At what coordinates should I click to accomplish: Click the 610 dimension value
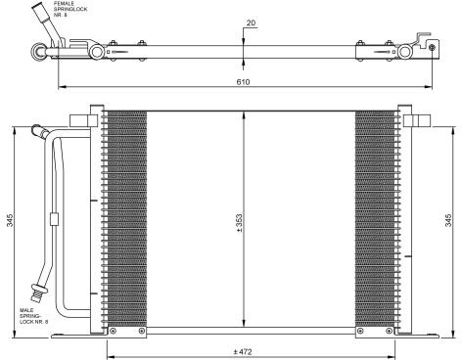(x=243, y=82)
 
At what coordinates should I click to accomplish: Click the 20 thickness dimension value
(x=251, y=23)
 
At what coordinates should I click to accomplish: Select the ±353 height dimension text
(x=239, y=223)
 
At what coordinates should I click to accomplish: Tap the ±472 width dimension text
(x=243, y=352)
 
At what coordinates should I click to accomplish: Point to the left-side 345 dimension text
(x=10, y=220)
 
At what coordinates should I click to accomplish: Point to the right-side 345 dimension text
(x=448, y=220)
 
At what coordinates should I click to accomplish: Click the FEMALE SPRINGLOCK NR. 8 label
(x=70, y=9)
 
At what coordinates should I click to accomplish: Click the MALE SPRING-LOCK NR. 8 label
(x=34, y=316)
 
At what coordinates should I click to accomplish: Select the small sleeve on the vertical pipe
(x=54, y=219)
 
